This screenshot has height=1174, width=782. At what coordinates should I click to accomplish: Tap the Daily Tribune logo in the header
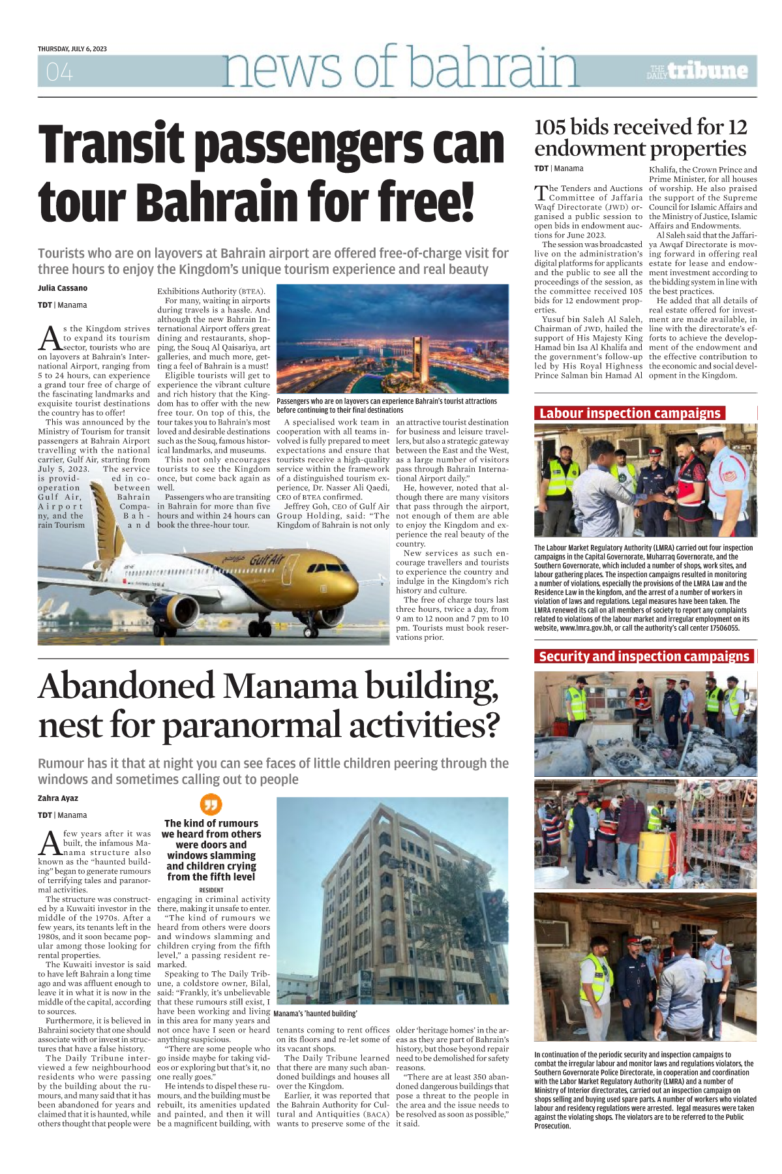coord(697,71)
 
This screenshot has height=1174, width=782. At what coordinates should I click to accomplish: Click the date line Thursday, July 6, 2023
coord(72,49)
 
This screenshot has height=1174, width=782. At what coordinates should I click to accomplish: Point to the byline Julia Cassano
coord(63,288)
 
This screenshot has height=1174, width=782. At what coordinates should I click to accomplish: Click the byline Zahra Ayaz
coord(58,798)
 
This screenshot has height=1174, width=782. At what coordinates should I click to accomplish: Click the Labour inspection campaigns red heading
coord(629,414)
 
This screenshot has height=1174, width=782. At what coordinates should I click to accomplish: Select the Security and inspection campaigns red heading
coord(644,657)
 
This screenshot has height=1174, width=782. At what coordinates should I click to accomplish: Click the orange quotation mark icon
coord(211,804)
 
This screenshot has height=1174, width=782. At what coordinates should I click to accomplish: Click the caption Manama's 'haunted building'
coord(316,1014)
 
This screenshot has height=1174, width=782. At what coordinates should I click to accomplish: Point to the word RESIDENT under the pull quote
coord(211,890)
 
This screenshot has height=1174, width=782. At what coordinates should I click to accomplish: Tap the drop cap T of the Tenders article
coord(540,193)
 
